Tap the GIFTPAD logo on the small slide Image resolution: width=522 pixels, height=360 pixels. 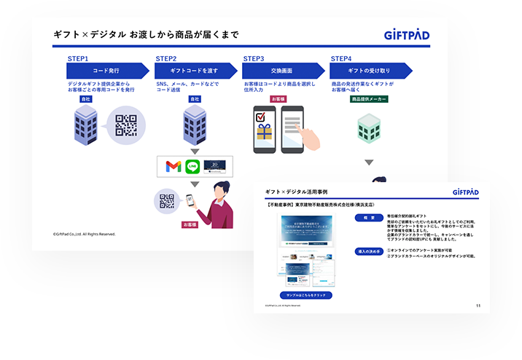tap(459, 192)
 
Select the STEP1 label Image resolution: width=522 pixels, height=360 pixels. tap(77, 58)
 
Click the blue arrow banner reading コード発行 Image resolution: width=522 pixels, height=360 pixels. tap(106, 71)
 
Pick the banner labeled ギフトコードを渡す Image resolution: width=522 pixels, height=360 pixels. tap(194, 71)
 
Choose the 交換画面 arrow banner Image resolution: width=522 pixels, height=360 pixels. tap(281, 71)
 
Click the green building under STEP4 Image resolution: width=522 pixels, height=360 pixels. tap(369, 128)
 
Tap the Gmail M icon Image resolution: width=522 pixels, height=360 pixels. tap(173, 166)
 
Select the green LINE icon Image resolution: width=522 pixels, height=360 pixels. tap(192, 166)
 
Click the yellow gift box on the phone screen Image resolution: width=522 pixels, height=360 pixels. tap(263, 133)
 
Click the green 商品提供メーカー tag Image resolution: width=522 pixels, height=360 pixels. tap(369, 98)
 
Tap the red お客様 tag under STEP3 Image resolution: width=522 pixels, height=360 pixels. tap(278, 98)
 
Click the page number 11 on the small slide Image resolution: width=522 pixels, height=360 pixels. tap(478, 305)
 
